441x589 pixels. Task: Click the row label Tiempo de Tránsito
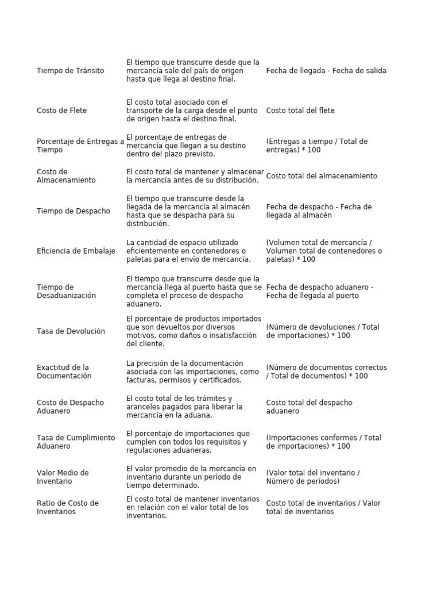tap(71, 71)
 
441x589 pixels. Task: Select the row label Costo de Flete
tap(61, 110)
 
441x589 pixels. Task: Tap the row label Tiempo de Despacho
tap(73, 211)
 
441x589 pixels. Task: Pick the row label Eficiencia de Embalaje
tap(76, 251)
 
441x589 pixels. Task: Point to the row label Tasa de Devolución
tap(71, 331)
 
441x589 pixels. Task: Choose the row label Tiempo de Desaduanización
tap(66, 291)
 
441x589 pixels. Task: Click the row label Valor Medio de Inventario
tap(63, 477)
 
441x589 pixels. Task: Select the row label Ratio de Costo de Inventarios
tap(68, 507)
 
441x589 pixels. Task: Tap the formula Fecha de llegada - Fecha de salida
tap(326, 71)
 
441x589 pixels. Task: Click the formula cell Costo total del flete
tap(300, 110)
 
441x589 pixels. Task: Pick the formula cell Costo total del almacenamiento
tap(322, 176)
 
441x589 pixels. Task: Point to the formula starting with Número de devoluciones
tap(323, 331)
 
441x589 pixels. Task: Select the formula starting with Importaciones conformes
tap(323, 442)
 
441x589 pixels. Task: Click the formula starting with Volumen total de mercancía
tap(324, 251)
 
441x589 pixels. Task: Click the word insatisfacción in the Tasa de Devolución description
tap(227, 335)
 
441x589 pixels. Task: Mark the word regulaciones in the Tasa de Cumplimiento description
tap(148, 450)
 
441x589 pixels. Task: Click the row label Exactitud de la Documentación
tap(64, 372)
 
